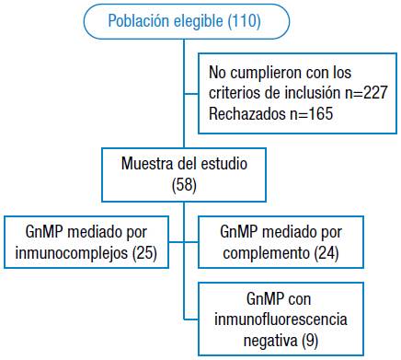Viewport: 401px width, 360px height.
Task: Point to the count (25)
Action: pos(142,252)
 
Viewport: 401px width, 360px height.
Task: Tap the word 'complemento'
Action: pos(260,252)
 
